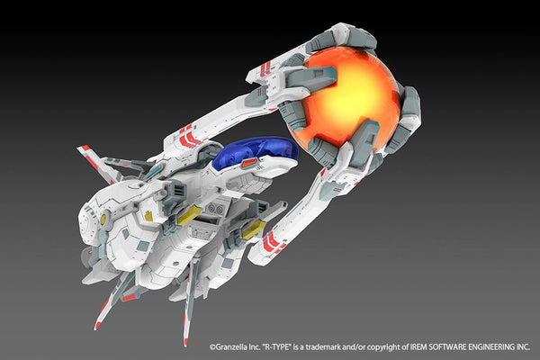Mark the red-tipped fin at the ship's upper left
(88, 152)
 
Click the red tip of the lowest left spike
(99, 321)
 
